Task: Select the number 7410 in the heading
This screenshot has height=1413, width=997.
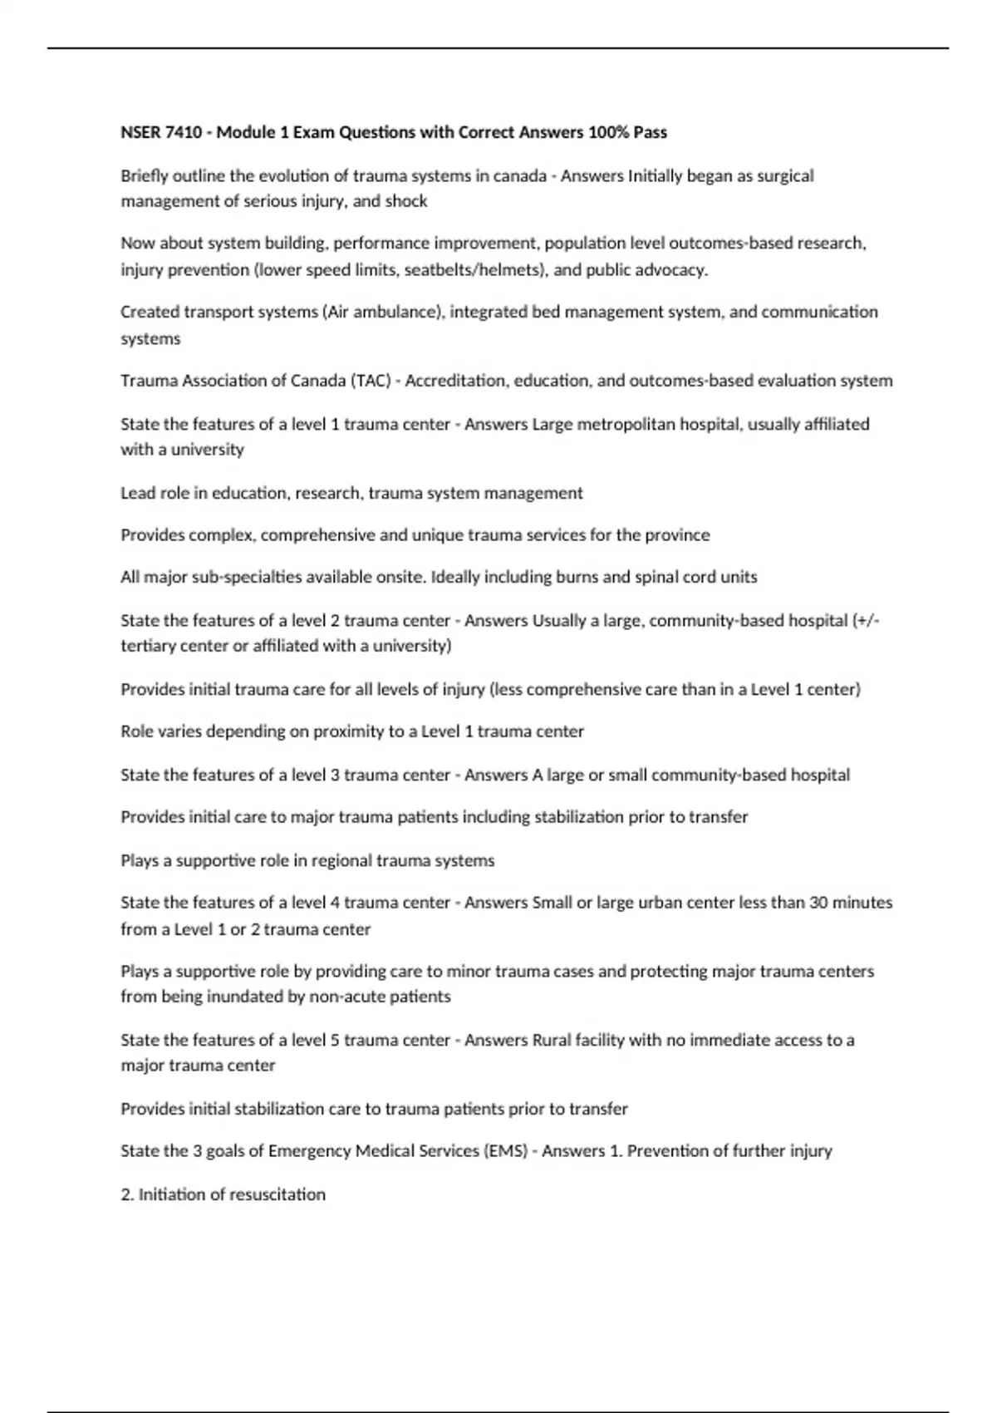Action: pos(184,132)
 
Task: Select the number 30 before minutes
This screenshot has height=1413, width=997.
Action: pos(818,903)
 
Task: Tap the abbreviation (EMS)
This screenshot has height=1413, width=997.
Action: pos(503,1151)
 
